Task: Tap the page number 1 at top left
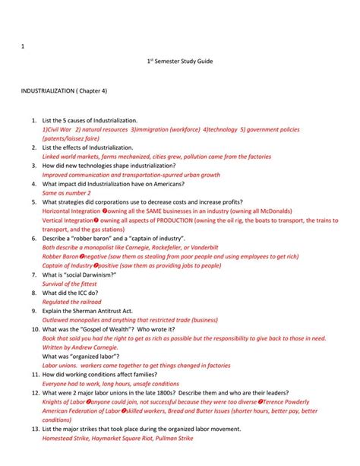(23, 46)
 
